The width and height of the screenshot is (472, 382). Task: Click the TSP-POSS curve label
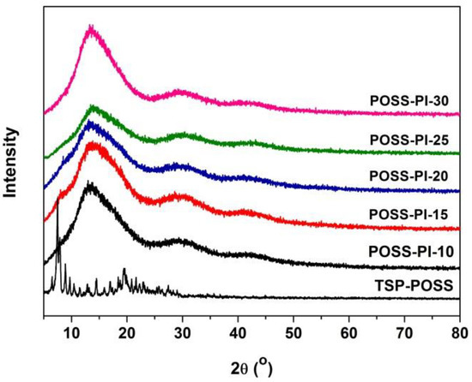coord(408,286)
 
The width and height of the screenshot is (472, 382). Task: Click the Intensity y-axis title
coord(12,163)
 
